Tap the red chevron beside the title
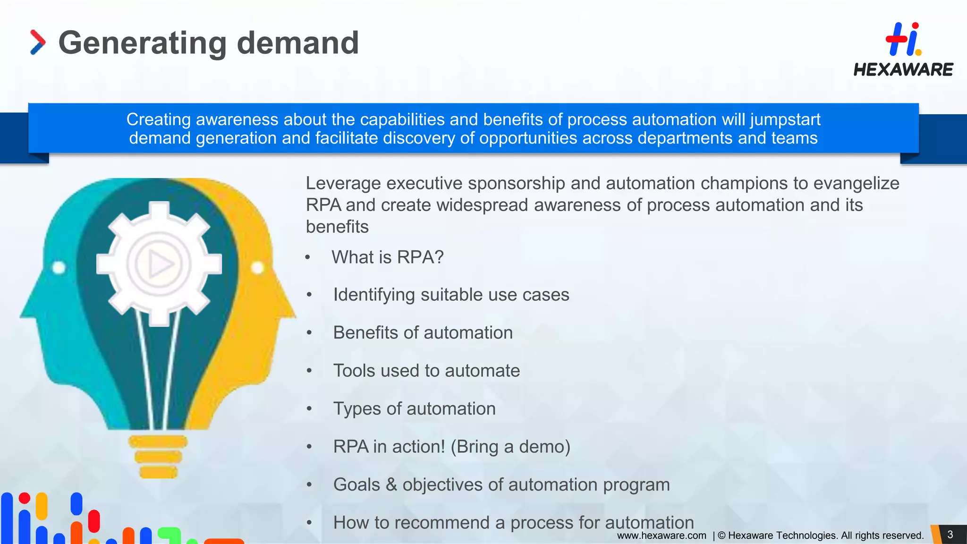click(x=38, y=42)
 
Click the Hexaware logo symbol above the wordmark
click(x=903, y=39)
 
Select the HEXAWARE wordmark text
click(x=903, y=70)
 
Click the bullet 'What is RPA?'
click(x=387, y=257)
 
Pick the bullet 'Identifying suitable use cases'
click(x=451, y=295)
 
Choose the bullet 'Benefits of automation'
click(x=423, y=333)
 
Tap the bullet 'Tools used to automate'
click(x=426, y=371)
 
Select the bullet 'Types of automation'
click(x=414, y=409)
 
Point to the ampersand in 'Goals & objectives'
click(x=391, y=485)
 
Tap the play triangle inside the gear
click(x=160, y=263)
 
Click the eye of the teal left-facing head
click(x=59, y=268)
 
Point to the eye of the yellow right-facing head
click(x=257, y=268)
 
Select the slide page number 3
click(x=950, y=535)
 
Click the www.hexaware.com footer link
click(x=662, y=535)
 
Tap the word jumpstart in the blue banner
click(x=785, y=120)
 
